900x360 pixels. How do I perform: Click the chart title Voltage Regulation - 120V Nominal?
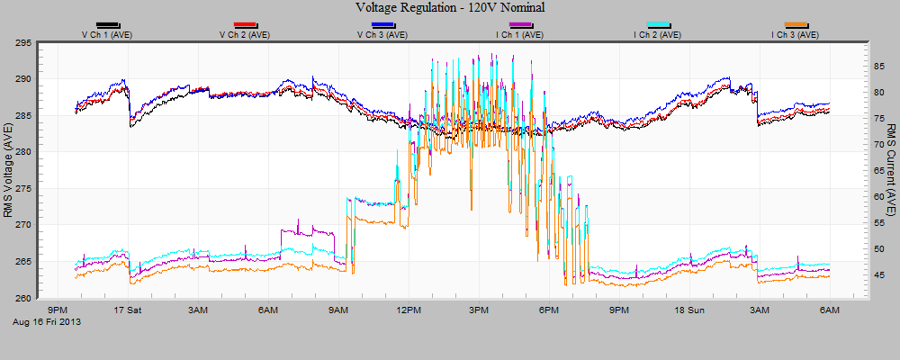pyautogui.click(x=450, y=8)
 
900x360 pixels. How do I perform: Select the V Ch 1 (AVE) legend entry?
pyautogui.click(x=107, y=35)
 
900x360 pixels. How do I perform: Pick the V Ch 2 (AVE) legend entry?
pyautogui.click(x=245, y=35)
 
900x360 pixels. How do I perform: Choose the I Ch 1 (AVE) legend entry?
pyautogui.click(x=520, y=35)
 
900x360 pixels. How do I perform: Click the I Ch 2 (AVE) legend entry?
pyautogui.click(x=658, y=35)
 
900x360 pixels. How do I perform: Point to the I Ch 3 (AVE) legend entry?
pyautogui.click(x=796, y=35)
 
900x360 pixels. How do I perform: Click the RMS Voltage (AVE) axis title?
pyautogui.click(x=9, y=170)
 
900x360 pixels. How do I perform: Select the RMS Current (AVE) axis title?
pyautogui.click(x=890, y=170)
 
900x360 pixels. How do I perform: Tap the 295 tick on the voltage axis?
pyautogui.click(x=23, y=42)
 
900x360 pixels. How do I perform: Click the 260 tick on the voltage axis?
pyautogui.click(x=23, y=299)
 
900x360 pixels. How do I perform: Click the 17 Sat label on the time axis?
pyautogui.click(x=128, y=310)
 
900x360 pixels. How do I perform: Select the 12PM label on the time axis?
pyautogui.click(x=409, y=310)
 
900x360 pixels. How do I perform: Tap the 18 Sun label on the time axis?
pyautogui.click(x=689, y=310)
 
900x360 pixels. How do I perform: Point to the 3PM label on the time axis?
pyautogui.click(x=479, y=310)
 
